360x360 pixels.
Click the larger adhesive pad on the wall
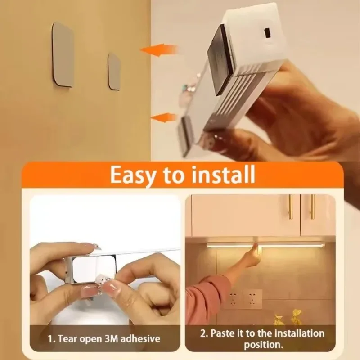coord(63,54)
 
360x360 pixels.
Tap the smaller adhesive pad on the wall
coord(114,71)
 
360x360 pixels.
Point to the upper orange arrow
coord(158,49)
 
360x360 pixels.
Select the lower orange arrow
coord(164,118)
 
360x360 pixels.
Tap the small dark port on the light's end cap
coord(266,33)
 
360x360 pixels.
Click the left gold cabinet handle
coord(291,207)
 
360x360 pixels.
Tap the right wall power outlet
coord(252,298)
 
